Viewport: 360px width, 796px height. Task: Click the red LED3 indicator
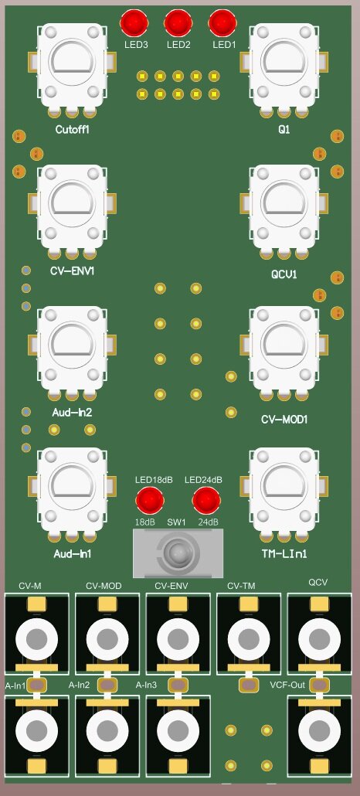point(134,23)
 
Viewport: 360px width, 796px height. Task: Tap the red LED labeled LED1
point(222,23)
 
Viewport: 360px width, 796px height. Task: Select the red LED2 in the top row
point(178,23)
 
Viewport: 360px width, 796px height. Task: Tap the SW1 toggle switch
point(178,553)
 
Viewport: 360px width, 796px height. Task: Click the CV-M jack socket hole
point(36,638)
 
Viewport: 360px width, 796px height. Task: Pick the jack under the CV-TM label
point(248,638)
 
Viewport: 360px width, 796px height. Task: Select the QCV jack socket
point(318,638)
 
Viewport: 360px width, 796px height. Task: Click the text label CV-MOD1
point(285,420)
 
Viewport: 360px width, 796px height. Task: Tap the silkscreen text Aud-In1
point(73,554)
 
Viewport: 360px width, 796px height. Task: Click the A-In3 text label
point(148,685)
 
